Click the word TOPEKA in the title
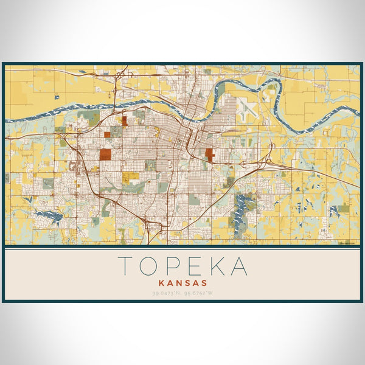(182, 266)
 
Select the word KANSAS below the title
(182, 283)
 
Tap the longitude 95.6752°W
(201, 294)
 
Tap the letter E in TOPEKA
(193, 266)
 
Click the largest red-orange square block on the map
(106, 153)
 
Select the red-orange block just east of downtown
(210, 155)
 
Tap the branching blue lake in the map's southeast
(245, 207)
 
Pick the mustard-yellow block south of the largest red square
(128, 178)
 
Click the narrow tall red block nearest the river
(123, 120)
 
